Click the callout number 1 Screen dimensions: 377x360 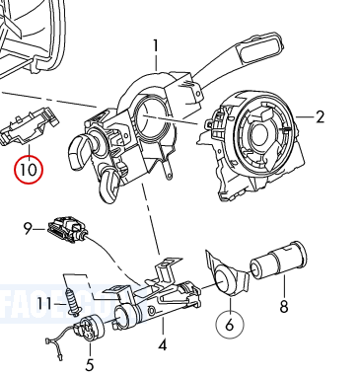[156, 44]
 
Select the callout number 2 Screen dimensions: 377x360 [321, 117]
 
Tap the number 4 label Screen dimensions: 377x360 [163, 345]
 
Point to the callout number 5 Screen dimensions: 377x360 [89, 348]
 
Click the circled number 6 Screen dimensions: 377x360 [229, 323]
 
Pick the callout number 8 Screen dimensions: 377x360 [284, 307]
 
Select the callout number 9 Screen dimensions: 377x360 [29, 229]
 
